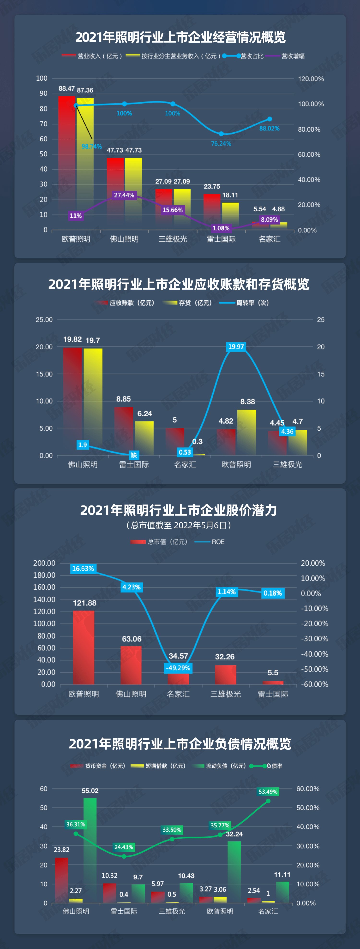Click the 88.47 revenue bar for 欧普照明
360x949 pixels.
tap(67, 162)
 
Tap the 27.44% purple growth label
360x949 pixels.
tap(124, 195)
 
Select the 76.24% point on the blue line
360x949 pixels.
tap(221, 134)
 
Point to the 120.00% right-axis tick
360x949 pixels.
tap(311, 79)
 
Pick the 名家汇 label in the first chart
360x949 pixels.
tap(269, 239)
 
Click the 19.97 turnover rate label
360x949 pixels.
tap(236, 347)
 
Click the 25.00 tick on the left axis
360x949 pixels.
tap(44, 320)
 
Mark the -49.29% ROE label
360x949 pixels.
tap(178, 668)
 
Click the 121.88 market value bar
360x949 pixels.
tap(84, 647)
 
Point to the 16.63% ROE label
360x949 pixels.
tap(83, 569)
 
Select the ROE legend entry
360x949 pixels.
tap(217, 542)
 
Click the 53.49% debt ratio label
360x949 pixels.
tap(268, 792)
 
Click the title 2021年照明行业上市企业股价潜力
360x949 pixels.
tap(179, 510)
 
